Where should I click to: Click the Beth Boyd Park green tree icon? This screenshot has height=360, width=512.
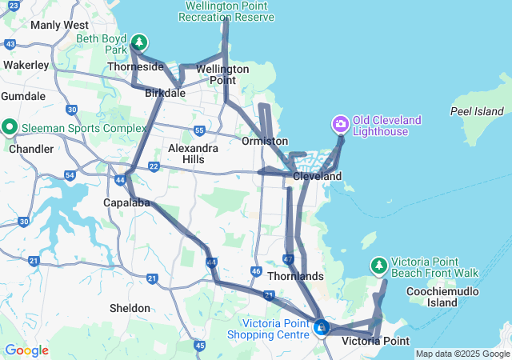[x=139, y=41]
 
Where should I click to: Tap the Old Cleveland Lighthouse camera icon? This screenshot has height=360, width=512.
[x=340, y=124]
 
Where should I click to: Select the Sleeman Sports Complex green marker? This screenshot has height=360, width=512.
[x=10, y=126]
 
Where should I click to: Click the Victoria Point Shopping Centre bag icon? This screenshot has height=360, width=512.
[x=321, y=327]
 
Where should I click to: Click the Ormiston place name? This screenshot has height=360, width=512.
[x=264, y=141]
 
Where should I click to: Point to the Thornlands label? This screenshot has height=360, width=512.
[x=297, y=276]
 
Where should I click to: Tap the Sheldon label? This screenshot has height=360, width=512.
[x=130, y=308]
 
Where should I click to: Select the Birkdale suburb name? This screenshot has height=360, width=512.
[x=166, y=93]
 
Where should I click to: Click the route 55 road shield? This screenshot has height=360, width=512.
[x=200, y=130]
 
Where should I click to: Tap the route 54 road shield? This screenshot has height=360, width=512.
[x=70, y=174]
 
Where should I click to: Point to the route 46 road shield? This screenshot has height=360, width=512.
[x=256, y=272]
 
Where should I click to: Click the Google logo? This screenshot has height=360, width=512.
[x=26, y=350]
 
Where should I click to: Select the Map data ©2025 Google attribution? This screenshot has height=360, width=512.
[x=462, y=354]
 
